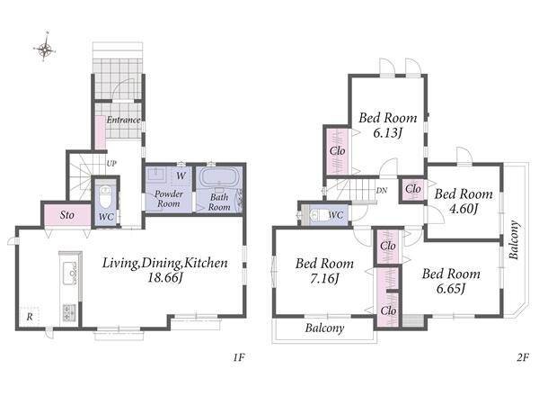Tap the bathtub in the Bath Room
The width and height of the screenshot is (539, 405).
coord(219,177)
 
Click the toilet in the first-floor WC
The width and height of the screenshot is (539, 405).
coord(105,196)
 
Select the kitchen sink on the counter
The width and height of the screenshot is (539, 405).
coord(70,273)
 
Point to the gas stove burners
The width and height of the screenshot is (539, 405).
coord(69,312)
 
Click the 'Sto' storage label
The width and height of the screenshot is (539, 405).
coord(67,215)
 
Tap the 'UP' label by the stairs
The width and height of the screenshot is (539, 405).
coord(111,164)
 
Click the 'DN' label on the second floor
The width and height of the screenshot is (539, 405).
coord(382,191)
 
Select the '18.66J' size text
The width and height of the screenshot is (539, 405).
coord(164,277)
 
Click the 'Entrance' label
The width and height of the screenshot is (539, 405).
coord(123,120)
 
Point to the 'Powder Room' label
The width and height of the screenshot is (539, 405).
coord(169,199)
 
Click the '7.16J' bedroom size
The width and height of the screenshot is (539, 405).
coord(325,278)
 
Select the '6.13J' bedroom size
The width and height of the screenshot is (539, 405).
coord(388,132)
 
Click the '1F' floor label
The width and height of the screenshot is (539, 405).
coord(239,357)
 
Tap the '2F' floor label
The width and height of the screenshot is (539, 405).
coord(523,358)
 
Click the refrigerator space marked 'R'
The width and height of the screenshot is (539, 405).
coord(30,317)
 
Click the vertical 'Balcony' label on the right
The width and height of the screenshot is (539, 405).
coord(514,239)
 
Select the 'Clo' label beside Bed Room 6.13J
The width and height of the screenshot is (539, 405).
coord(337,151)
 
